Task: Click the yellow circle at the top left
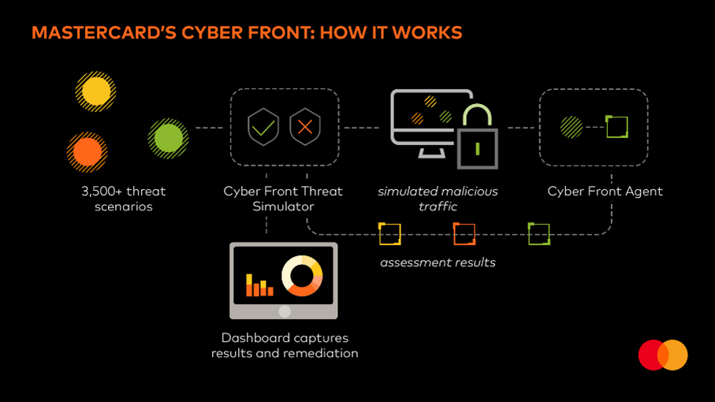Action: point(96,91)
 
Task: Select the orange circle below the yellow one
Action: point(88,151)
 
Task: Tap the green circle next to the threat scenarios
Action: point(168,139)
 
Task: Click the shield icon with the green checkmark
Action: point(263,128)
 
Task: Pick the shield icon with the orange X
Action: point(304,128)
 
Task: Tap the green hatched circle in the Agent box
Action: point(572,127)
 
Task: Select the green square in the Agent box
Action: point(616,127)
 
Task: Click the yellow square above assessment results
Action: point(390,234)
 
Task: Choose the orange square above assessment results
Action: point(464,234)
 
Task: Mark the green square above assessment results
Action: point(538,234)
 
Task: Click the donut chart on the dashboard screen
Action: point(302,276)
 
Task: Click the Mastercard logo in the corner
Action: point(663,355)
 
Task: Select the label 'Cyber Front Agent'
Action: point(605,192)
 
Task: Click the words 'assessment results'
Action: point(438,262)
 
